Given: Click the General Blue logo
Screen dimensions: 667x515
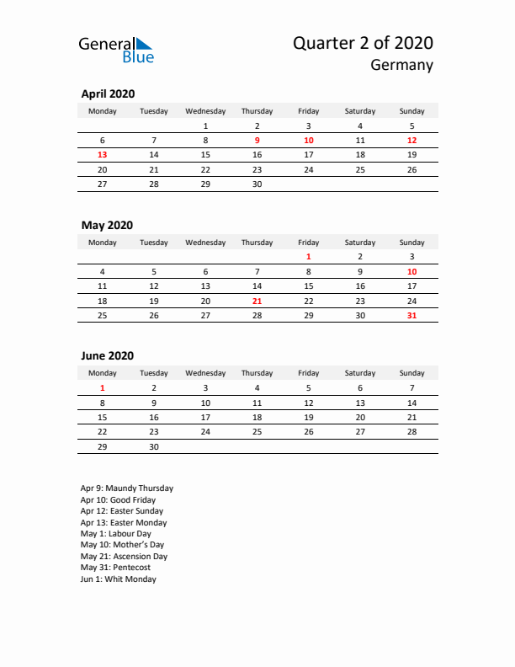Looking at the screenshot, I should point(116,50).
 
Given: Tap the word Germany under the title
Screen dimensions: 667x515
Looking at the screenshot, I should point(402,66).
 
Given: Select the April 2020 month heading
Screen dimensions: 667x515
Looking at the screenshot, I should point(108,94).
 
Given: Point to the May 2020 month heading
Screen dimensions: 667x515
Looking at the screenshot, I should point(107,225).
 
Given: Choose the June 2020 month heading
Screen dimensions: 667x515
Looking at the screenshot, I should point(107,356).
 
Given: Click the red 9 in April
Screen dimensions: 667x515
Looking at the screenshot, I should point(257,141).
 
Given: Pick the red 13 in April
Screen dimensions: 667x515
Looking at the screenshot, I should point(103,155).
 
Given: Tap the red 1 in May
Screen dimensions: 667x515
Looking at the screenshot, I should point(309,257).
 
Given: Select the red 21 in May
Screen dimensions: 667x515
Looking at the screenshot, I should point(257,301).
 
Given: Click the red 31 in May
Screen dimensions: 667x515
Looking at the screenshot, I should point(411,316).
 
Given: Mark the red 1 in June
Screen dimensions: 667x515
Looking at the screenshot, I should point(103,388).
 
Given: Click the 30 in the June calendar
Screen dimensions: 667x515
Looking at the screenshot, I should point(154,447).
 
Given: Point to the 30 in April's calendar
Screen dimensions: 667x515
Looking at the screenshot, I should point(257,184).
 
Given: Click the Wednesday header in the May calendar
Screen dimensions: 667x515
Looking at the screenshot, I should point(205,243).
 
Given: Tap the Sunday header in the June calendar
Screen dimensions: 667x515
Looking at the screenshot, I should point(411,373).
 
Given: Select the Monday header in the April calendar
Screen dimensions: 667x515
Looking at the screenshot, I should point(103,111).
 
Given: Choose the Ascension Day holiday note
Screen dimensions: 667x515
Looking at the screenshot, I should point(124,557).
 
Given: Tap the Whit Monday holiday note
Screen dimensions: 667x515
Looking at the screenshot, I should point(119,579).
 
